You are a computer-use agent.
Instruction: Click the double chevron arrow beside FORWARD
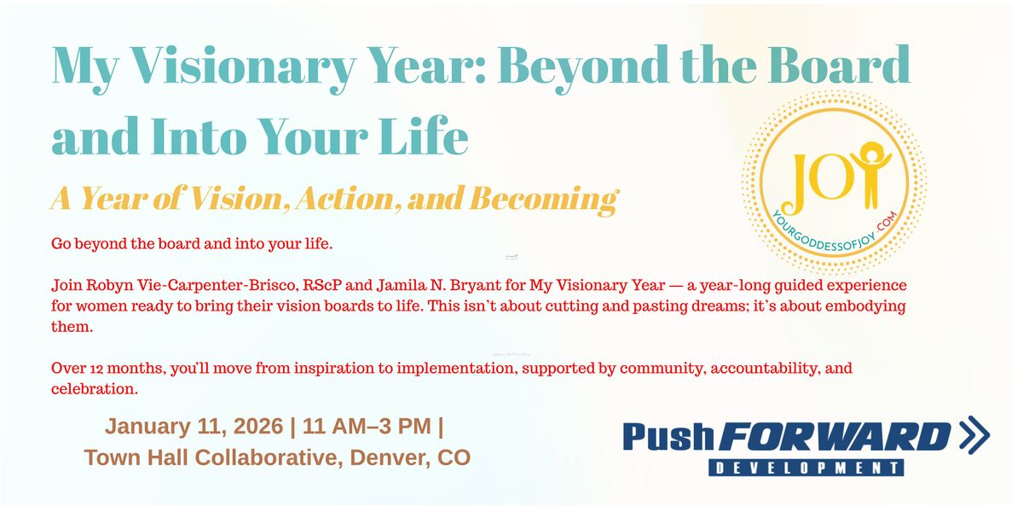pos(974,436)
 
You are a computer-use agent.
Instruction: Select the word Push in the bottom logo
pos(668,437)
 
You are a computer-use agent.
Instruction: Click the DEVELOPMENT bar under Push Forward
pos(806,468)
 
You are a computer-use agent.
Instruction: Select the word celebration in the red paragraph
pos(94,390)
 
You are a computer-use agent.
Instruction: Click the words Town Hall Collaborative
pos(213,457)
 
